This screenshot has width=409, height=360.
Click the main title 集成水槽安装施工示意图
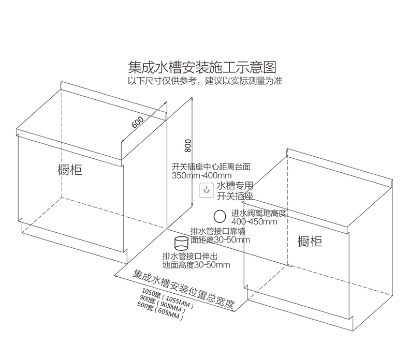click(202, 67)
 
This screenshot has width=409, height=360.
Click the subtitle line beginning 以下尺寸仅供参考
click(205, 81)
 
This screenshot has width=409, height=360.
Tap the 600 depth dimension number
click(138, 122)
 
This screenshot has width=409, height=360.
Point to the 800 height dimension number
click(188, 146)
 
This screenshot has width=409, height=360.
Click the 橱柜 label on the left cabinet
click(70, 170)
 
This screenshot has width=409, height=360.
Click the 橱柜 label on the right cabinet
click(310, 241)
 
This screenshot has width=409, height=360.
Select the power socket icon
click(207, 190)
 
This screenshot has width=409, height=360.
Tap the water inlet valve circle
click(220, 216)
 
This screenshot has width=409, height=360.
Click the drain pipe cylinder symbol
click(181, 243)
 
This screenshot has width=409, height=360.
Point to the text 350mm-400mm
click(201, 175)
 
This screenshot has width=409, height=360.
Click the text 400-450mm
click(254, 222)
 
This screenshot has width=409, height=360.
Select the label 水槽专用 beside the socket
click(235, 186)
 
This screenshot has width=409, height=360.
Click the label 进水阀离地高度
click(259, 214)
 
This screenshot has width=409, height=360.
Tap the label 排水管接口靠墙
click(218, 231)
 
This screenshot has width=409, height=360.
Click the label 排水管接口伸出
click(190, 257)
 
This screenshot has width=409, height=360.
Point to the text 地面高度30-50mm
click(196, 265)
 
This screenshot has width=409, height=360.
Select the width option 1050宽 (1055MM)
click(168, 298)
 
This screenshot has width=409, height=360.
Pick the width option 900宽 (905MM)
click(163, 304)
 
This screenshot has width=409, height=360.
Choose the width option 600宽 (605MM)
click(160, 311)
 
